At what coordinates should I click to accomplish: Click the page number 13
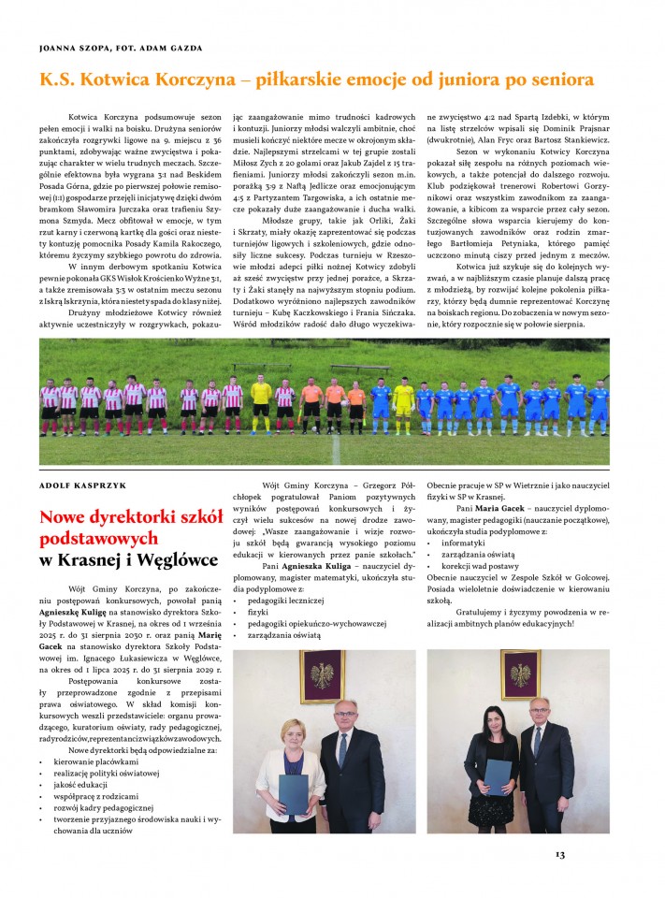(560, 853)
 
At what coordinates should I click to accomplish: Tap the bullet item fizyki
(259, 608)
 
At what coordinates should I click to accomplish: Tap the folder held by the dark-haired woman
(499, 777)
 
